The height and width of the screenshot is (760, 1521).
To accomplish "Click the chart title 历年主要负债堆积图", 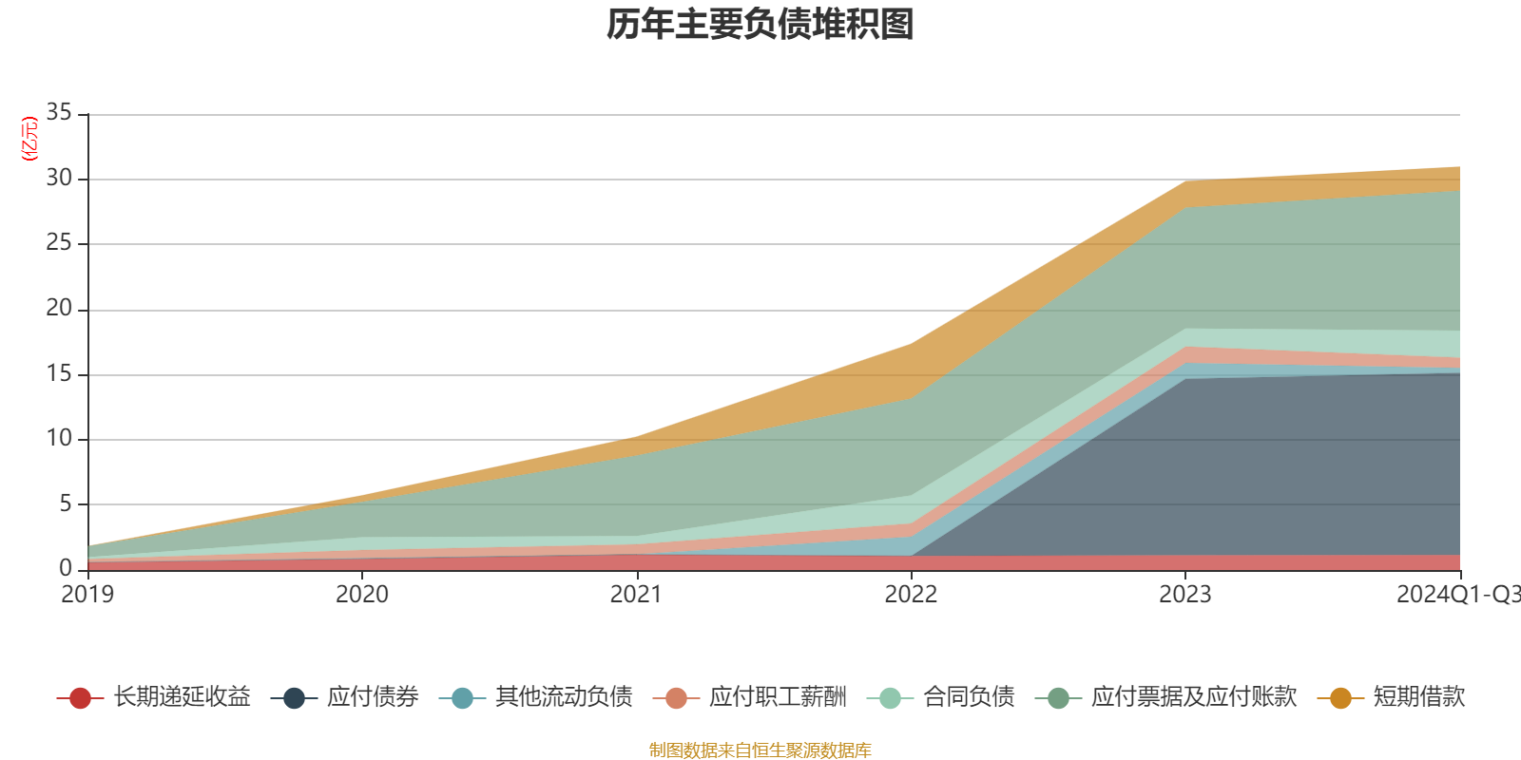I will [x=760, y=25].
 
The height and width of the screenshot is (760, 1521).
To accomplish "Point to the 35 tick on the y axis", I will [x=59, y=113].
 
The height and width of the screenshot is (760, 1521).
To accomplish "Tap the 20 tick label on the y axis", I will [x=59, y=309].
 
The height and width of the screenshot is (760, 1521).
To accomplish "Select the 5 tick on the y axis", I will [x=66, y=503].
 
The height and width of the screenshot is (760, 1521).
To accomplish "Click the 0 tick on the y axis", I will [x=66, y=568].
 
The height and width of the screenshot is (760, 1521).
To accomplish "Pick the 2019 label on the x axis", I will [x=87, y=595].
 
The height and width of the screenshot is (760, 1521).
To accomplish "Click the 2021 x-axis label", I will [x=636, y=595].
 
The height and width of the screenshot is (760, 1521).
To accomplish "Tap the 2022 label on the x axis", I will [x=911, y=595].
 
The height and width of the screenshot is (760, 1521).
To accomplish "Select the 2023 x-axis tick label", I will [x=1184, y=595].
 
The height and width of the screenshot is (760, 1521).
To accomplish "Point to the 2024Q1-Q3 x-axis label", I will [x=1456, y=595].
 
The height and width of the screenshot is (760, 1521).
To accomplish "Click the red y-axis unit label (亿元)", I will [x=29, y=139].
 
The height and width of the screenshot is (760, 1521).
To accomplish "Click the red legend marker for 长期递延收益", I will [x=80, y=698].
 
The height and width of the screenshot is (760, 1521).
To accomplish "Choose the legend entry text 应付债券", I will [x=373, y=697].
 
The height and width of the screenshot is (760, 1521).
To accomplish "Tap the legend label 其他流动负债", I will [x=564, y=697].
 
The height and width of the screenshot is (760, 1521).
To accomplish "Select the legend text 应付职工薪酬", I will [x=778, y=697].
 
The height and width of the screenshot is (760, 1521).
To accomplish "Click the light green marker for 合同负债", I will [x=890, y=698].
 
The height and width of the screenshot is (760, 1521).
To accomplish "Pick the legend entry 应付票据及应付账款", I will [x=1193, y=697].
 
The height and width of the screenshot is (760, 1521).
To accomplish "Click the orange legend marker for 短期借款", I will [x=1340, y=698].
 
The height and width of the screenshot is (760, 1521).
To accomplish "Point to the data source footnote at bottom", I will [x=760, y=750].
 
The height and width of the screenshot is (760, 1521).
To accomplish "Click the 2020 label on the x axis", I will [x=362, y=595].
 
